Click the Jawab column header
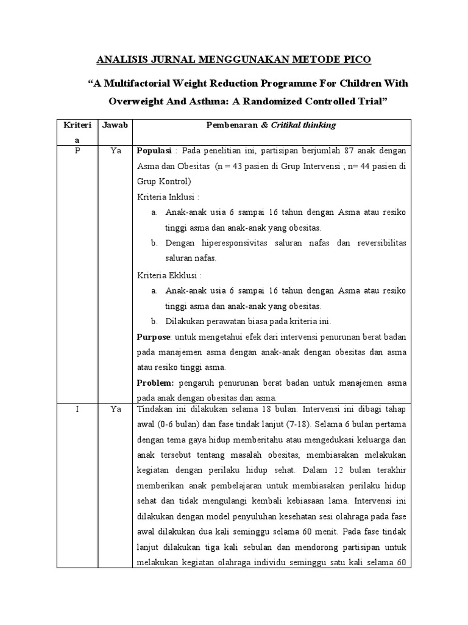(x=115, y=125)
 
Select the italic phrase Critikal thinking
(x=306, y=125)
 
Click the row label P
(x=77, y=150)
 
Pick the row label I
(x=77, y=408)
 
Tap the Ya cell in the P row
(x=115, y=150)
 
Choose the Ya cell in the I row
(x=115, y=408)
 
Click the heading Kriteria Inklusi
(x=168, y=197)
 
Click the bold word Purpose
(x=152, y=338)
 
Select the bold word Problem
(x=155, y=383)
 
